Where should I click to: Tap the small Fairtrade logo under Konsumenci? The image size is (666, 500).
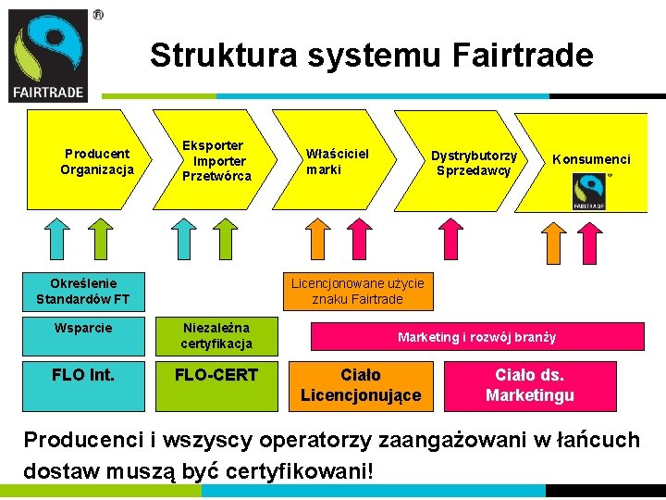589,193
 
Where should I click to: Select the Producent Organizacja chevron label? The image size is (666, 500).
96,161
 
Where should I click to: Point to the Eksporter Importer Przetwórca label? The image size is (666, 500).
216,161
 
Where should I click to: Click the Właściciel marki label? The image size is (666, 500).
337,161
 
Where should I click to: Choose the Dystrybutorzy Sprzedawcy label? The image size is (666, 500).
474,163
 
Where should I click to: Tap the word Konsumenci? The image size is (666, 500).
591,159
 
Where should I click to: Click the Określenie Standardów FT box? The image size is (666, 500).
83,291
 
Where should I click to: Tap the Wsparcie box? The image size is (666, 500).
83,328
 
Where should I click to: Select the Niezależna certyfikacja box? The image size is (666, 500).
216,335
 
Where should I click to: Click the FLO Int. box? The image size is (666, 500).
83,375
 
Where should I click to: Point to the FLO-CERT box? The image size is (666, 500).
216,375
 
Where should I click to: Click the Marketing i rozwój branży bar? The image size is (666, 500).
476,337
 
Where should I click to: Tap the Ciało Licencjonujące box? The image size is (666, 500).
360,385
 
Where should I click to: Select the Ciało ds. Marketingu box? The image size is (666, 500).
529,385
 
